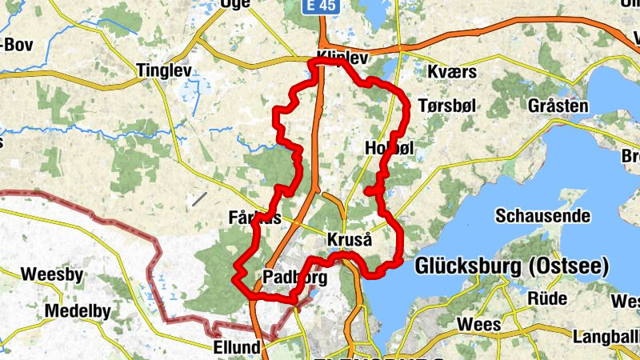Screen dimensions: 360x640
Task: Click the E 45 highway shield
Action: tap(319, 6)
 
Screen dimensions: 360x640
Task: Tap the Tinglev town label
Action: tap(164, 70)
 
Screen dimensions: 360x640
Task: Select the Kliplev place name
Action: tap(342, 57)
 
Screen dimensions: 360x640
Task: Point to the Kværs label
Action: tap(452, 72)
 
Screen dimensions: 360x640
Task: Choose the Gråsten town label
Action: tap(558, 106)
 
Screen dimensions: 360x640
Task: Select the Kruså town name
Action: tap(350, 240)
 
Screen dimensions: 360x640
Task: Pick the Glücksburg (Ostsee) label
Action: tap(512, 266)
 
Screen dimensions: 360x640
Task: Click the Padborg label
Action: tap(294, 278)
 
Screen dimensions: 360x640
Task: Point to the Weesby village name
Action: tap(52, 274)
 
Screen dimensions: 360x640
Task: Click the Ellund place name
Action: tap(238, 347)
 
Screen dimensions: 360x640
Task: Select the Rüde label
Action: tap(548, 298)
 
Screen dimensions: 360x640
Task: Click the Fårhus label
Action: tap(254, 218)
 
